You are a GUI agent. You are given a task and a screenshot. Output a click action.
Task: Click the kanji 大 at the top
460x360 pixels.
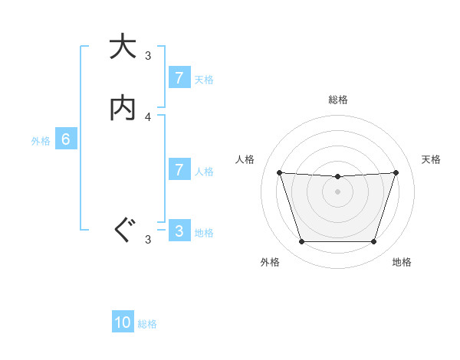(x=122, y=47)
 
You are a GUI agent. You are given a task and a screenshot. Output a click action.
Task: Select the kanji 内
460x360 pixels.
(x=122, y=108)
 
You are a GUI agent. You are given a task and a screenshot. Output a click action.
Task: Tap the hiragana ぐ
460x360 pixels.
(x=122, y=231)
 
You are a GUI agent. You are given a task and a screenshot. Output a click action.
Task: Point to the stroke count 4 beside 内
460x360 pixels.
(x=148, y=116)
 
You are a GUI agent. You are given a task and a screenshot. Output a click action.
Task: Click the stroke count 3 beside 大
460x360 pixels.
(x=148, y=55)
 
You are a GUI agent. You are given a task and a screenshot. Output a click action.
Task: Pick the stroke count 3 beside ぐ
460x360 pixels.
(x=148, y=240)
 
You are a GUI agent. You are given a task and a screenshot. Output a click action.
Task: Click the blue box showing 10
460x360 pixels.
(x=123, y=322)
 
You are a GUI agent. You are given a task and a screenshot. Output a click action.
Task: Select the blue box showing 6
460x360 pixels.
(x=66, y=139)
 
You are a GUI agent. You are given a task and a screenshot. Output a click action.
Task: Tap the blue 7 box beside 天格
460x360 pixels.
(x=179, y=78)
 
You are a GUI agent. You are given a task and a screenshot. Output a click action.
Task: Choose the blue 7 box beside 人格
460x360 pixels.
(x=179, y=170)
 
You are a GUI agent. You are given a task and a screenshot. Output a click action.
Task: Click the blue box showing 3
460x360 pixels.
(x=179, y=231)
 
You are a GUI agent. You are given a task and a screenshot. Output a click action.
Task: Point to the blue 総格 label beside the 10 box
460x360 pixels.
(x=147, y=324)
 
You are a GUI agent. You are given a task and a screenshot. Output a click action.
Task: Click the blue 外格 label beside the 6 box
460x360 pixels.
(x=41, y=141)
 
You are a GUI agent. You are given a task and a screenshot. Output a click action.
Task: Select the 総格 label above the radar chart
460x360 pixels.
(x=337, y=100)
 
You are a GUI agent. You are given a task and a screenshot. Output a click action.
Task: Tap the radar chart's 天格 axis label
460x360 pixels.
(x=431, y=159)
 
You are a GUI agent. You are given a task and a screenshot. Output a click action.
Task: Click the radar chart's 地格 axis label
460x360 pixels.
(x=402, y=262)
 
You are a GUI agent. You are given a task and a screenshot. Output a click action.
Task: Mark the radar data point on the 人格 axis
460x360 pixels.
(x=279, y=172)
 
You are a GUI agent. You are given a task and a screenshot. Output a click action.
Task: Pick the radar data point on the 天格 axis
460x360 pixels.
(x=396, y=172)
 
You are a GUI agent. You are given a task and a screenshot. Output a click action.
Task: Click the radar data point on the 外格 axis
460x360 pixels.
(x=301, y=242)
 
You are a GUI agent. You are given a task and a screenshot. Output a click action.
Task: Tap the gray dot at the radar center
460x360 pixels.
(x=337, y=191)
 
